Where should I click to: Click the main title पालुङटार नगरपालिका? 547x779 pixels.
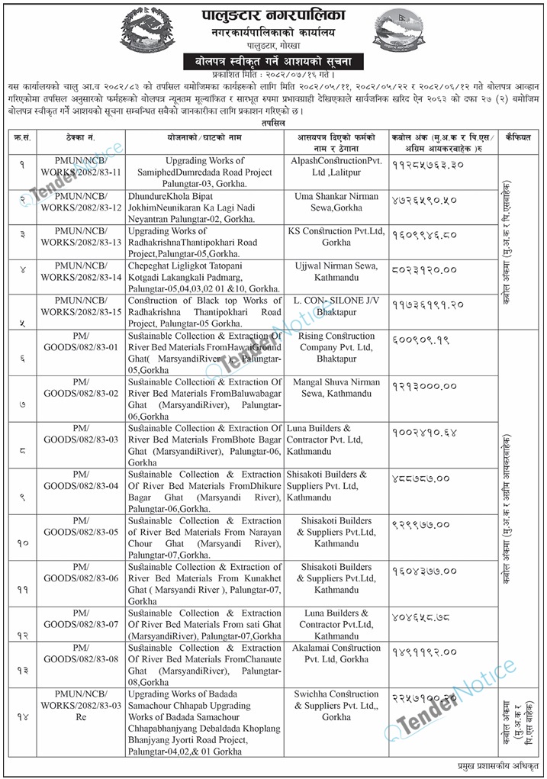click(273, 14)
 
